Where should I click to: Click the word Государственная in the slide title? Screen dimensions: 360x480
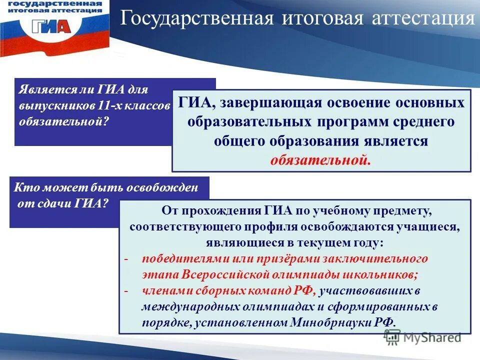[x=196, y=18]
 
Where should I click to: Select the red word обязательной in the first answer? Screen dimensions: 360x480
[x=320, y=160]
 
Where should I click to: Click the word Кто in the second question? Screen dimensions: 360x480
[x=25, y=188]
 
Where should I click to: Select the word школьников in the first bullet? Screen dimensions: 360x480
[x=383, y=274]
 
